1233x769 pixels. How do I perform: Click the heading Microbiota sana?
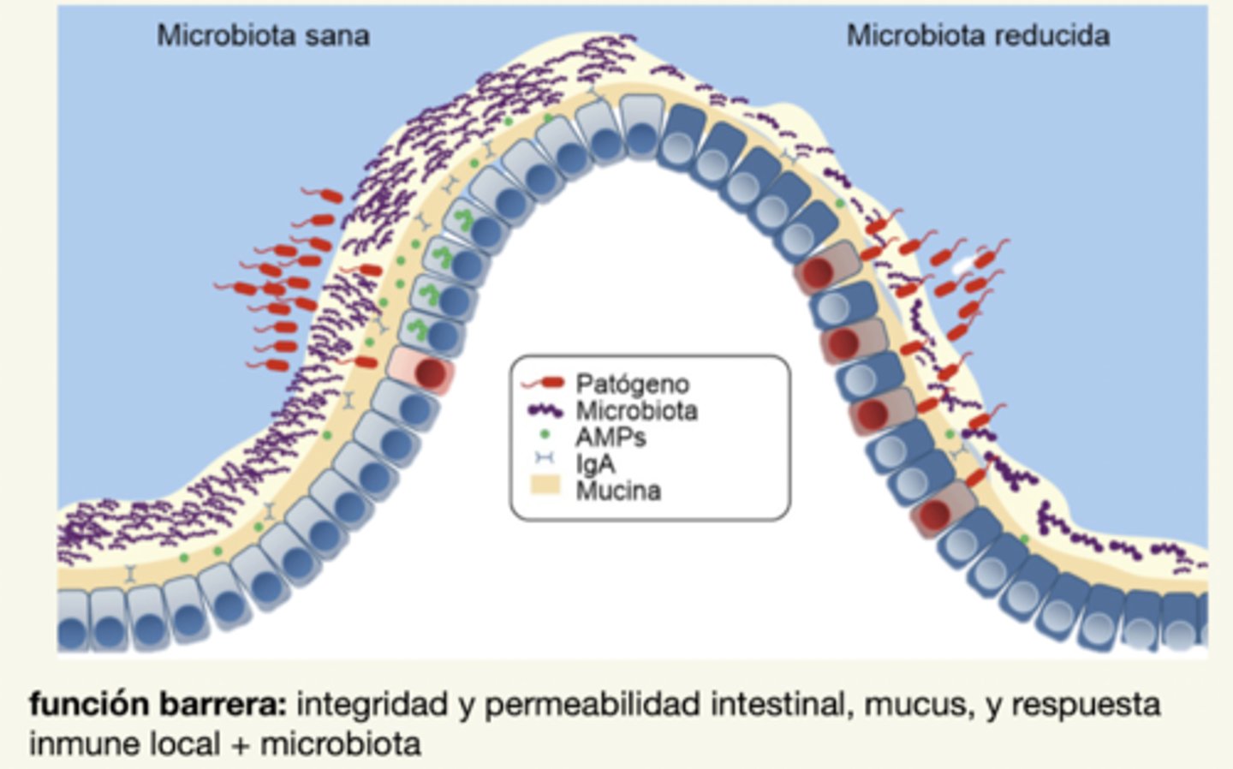click(x=263, y=36)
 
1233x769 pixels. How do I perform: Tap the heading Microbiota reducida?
click(x=977, y=36)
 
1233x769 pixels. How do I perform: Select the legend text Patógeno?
click(x=632, y=384)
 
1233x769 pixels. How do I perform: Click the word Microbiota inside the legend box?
click(x=636, y=411)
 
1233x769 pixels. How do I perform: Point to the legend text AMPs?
click(x=610, y=438)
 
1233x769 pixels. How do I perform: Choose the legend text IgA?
click(x=595, y=464)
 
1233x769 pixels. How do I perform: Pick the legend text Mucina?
click(x=618, y=492)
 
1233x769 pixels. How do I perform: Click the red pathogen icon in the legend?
click(x=545, y=384)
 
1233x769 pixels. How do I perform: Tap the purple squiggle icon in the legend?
click(x=545, y=411)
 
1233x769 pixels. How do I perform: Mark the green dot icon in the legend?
click(x=545, y=435)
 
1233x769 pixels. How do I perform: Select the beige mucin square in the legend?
click(x=545, y=486)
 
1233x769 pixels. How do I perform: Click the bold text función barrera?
click(x=158, y=705)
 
